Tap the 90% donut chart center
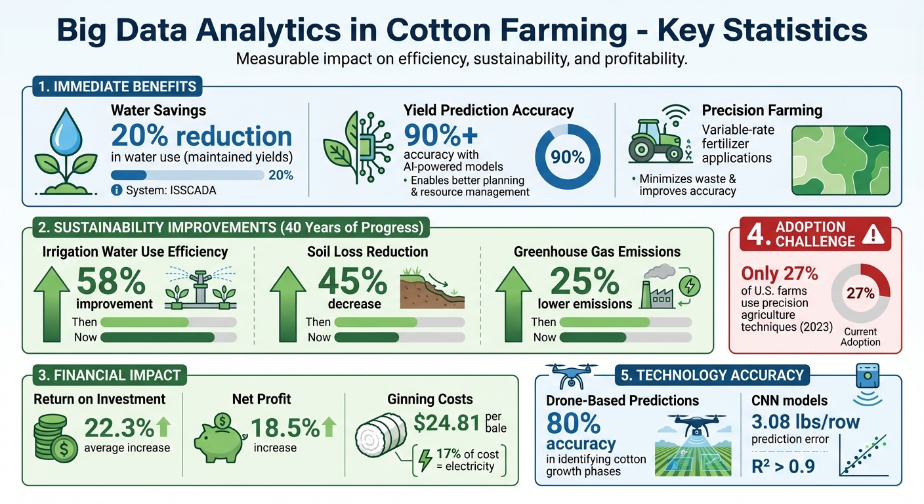tap(568, 157)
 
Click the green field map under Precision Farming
tap(841, 160)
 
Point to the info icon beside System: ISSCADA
tap(117, 190)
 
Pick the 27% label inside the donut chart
tap(860, 293)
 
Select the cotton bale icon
tap(381, 438)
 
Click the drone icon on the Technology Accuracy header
tap(572, 376)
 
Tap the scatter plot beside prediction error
tap(864, 455)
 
